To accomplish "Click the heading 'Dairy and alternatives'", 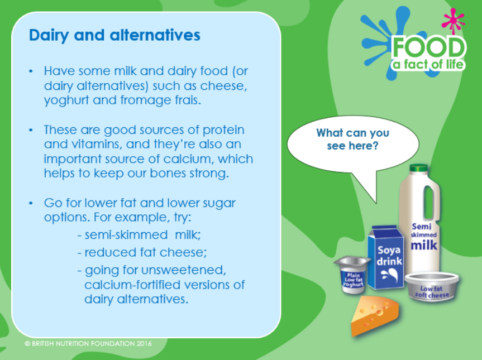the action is click(114, 35).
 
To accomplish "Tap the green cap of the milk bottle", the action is click(418, 167).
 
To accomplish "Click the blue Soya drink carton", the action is click(386, 257).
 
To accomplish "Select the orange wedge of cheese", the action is click(375, 315).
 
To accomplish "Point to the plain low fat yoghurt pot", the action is click(352, 275).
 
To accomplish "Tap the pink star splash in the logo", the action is click(453, 20).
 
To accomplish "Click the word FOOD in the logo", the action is click(428, 47).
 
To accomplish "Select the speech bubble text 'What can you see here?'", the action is click(352, 139).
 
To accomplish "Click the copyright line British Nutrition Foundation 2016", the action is click(88, 343).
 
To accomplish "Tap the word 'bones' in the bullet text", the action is click(168, 173).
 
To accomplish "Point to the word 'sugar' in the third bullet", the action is click(218, 204).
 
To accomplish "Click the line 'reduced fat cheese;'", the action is click(142, 252).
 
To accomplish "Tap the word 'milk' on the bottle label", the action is click(424, 245).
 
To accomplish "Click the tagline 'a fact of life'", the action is click(428, 65).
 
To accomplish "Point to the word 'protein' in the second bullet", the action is click(223, 130).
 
